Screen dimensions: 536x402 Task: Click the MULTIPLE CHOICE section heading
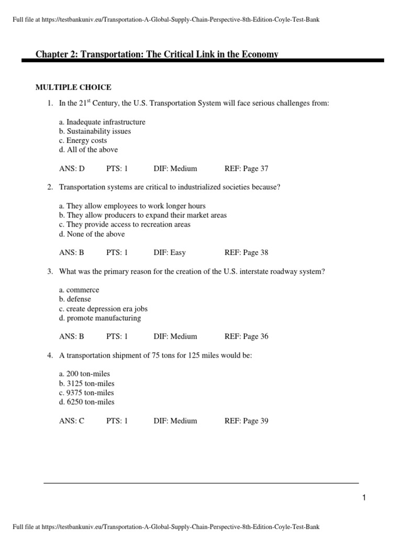click(73, 87)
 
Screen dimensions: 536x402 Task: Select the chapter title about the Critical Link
click(157, 54)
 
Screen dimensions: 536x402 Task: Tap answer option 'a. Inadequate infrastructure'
click(102, 122)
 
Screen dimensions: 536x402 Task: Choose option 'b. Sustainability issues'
click(95, 131)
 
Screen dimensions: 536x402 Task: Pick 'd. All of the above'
click(88, 150)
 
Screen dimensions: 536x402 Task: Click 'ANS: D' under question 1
click(72, 169)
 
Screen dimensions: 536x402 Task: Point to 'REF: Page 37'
click(246, 169)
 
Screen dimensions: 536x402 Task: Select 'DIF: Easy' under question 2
click(170, 252)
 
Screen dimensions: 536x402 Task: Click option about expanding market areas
click(143, 215)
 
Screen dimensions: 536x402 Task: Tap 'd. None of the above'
click(92, 234)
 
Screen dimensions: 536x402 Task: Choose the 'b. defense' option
click(75, 299)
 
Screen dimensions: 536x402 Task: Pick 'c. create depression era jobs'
click(104, 308)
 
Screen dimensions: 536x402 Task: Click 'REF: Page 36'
click(246, 337)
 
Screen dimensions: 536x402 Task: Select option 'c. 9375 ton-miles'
click(86, 393)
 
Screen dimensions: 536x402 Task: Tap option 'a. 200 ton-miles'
click(85, 374)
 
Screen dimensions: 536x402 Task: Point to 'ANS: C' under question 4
click(72, 421)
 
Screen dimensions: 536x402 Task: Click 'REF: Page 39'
click(246, 421)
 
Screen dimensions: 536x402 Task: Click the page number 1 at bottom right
click(364, 498)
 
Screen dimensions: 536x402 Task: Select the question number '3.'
click(50, 272)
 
